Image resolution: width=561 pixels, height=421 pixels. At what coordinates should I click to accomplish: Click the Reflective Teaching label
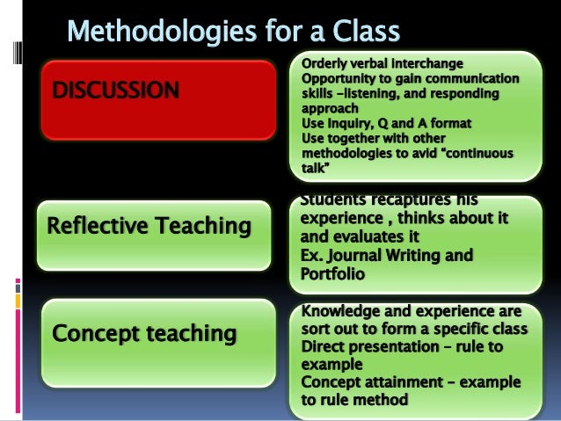(149, 227)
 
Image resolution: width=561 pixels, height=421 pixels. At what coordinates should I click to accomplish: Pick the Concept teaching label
(145, 333)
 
